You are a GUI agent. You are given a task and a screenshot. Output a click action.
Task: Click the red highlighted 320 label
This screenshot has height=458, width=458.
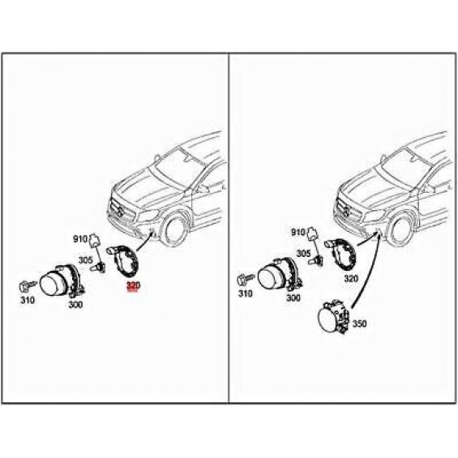[133, 286]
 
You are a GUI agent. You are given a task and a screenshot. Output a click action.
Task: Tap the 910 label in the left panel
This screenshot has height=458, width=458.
[80, 239]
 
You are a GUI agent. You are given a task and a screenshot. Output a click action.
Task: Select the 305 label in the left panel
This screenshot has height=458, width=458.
[85, 260]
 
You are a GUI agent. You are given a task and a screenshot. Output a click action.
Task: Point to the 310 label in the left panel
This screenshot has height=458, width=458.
[28, 300]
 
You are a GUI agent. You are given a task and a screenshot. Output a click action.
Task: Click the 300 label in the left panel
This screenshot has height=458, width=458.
[75, 305]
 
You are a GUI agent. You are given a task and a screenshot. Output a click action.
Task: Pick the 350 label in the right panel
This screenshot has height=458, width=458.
[360, 323]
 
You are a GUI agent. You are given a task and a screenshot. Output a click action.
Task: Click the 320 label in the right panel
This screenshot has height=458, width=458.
[351, 279]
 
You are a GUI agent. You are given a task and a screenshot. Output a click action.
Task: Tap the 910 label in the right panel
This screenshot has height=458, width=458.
[298, 233]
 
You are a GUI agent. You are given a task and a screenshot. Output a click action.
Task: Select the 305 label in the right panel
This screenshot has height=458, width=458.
[303, 254]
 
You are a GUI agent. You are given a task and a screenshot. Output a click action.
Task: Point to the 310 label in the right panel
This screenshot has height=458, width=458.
[246, 293]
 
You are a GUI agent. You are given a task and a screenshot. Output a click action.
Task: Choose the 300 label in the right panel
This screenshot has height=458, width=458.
[293, 297]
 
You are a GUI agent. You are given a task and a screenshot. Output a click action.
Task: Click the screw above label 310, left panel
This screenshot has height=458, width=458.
[28, 285]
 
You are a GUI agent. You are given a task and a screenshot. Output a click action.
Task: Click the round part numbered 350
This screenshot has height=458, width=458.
[333, 318]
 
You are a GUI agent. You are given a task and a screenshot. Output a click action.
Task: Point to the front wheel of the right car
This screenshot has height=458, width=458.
[402, 227]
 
